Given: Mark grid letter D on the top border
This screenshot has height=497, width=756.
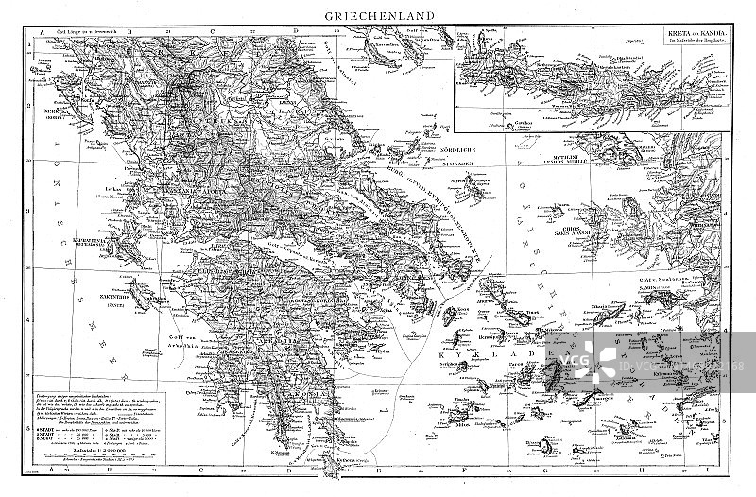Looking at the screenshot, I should [297, 32].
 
